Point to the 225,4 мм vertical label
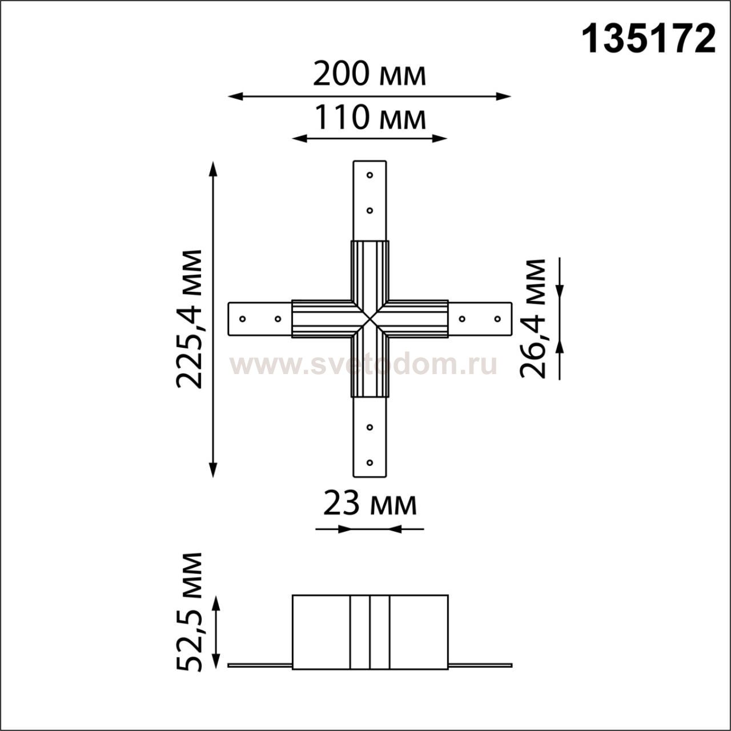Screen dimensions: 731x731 (x=189, y=319)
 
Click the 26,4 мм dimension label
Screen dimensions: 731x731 (x=532, y=319)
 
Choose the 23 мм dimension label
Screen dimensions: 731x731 (x=370, y=504)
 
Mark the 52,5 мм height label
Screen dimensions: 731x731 (x=189, y=617)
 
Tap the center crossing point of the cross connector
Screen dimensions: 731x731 (x=370, y=319)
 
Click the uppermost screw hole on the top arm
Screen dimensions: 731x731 (x=369, y=175)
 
